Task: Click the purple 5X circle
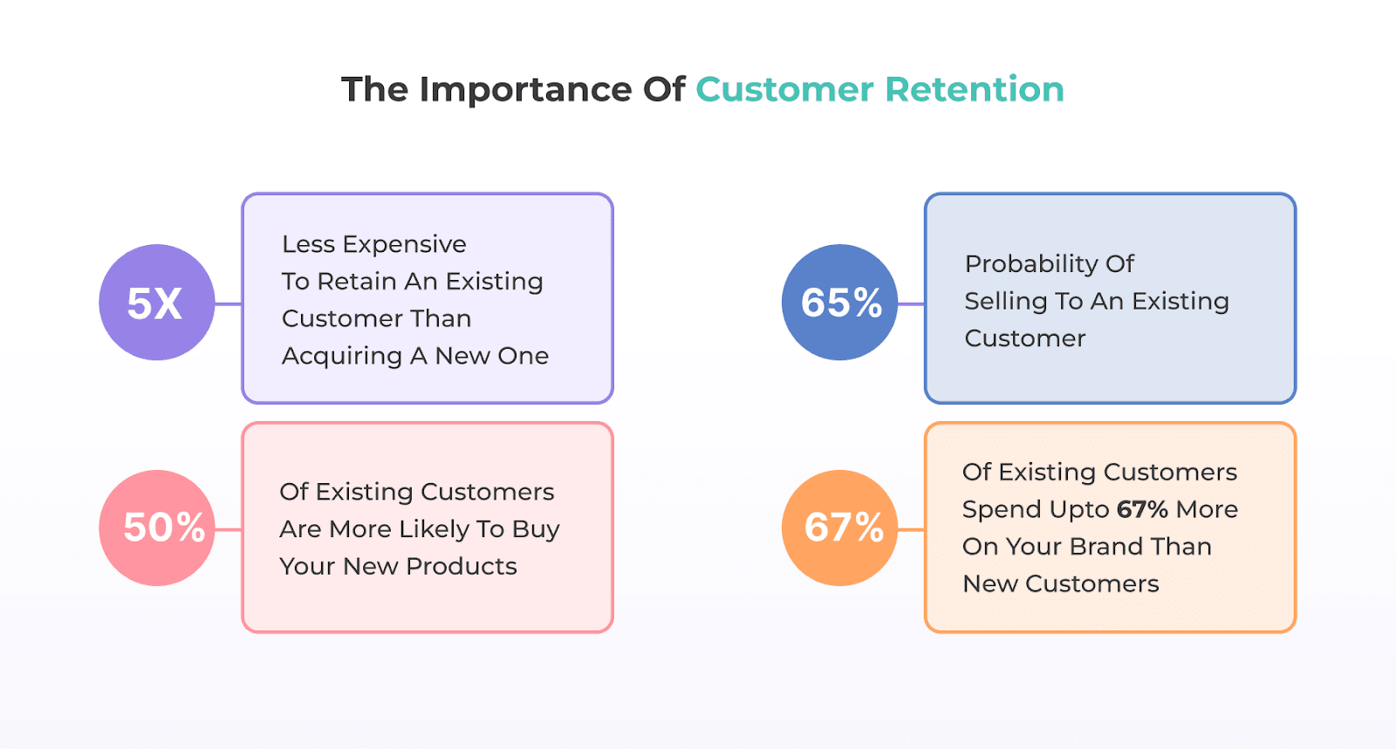tap(156, 303)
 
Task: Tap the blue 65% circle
tap(839, 303)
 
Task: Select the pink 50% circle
tap(156, 528)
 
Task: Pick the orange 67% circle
tap(839, 528)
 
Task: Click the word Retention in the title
tap(975, 90)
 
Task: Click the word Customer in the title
tap(784, 90)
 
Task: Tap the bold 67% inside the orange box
tap(1142, 509)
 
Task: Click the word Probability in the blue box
tap(1019, 264)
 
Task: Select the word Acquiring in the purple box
tap(341, 357)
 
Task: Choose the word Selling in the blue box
tap(1005, 302)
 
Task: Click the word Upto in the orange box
tap(1079, 509)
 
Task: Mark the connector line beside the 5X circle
tap(228, 303)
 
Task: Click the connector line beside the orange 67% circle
tap(911, 528)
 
